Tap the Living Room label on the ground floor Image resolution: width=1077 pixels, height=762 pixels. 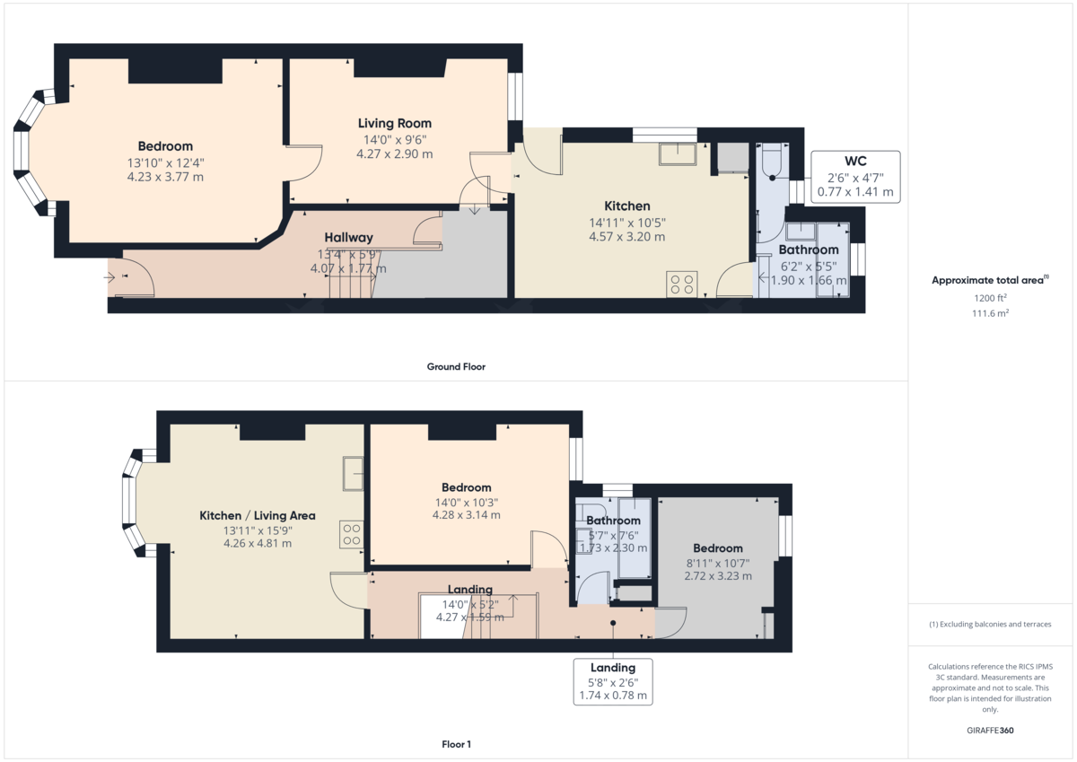[x=395, y=123]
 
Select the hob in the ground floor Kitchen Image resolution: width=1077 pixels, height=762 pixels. [x=682, y=285]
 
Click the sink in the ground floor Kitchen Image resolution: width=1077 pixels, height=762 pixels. [x=677, y=154]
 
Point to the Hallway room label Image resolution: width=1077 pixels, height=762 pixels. [x=348, y=237]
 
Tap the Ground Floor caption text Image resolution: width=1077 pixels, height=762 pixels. [x=456, y=366]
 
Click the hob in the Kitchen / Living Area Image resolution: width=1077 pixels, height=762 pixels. [x=351, y=535]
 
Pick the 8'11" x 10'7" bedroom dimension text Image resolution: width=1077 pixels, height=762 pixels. [x=718, y=564]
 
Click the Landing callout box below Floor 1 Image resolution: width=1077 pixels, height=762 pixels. [x=613, y=681]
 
